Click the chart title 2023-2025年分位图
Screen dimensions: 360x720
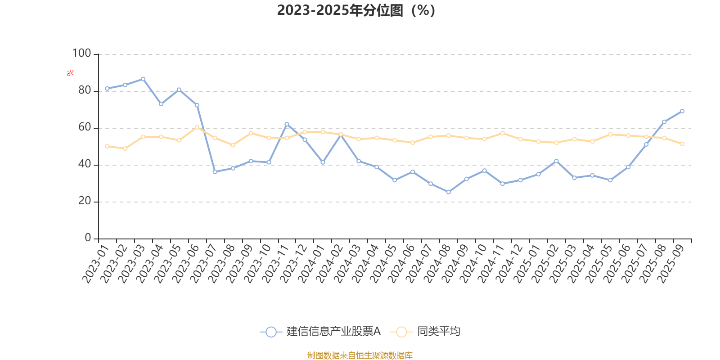(x=356, y=10)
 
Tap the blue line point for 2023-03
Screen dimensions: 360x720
(x=143, y=79)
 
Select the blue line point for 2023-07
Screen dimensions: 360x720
(x=215, y=172)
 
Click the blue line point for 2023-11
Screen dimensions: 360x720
(x=287, y=124)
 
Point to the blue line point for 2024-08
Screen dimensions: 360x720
(x=448, y=192)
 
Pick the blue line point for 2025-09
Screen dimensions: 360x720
(x=682, y=111)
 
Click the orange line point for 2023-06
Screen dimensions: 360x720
(x=197, y=127)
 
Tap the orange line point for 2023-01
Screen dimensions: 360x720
(x=107, y=146)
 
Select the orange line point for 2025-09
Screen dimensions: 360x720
(x=682, y=144)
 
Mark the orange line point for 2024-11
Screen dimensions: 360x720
(x=503, y=133)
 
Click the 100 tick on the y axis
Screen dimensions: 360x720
(x=82, y=54)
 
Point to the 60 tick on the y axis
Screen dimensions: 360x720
(x=85, y=127)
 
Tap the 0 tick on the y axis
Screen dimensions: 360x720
(x=88, y=238)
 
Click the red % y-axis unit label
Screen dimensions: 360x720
(x=70, y=73)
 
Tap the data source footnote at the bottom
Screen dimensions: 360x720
(x=360, y=355)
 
